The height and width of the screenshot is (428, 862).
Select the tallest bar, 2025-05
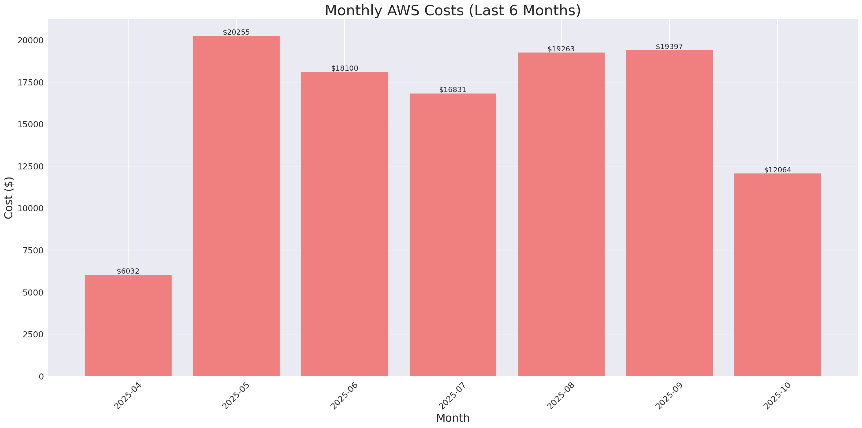pyautogui.click(x=236, y=206)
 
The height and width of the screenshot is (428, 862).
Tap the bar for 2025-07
pyautogui.click(x=453, y=234)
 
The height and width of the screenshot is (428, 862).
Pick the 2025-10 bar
pyautogui.click(x=777, y=274)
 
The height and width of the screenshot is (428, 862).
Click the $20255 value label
pyautogui.click(x=236, y=32)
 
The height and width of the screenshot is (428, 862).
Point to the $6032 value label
pyautogui.click(x=128, y=271)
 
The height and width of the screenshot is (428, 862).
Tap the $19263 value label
pyautogui.click(x=561, y=49)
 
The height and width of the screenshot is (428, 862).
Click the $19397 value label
pyautogui.click(x=669, y=47)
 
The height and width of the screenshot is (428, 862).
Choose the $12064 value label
pyautogui.click(x=777, y=170)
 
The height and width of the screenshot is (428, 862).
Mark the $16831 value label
pyautogui.click(x=453, y=90)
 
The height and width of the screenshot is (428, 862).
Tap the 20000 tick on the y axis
pyautogui.click(x=30, y=40)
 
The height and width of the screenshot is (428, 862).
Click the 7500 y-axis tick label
pyautogui.click(x=33, y=251)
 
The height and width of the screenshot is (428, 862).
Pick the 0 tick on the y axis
pyautogui.click(x=41, y=377)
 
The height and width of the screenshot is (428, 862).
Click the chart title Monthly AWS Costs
pyautogui.click(x=453, y=10)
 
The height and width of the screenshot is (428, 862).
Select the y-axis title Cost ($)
pyautogui.click(x=9, y=198)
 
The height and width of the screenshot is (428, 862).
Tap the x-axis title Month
pyautogui.click(x=453, y=418)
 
